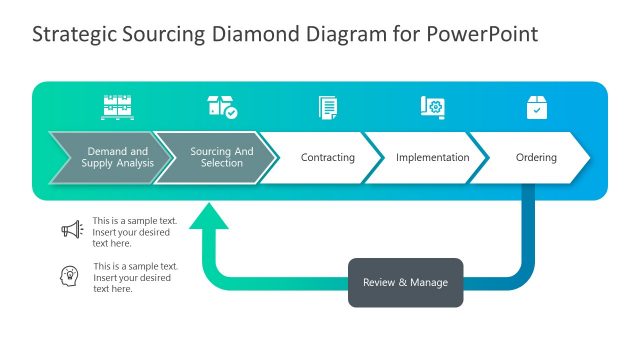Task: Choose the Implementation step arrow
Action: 431,158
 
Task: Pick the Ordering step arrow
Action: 536,158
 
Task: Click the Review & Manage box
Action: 405,283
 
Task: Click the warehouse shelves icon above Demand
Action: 118,107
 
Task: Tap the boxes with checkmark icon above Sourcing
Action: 222,107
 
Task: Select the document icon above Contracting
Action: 327,107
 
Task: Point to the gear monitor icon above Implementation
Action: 432,107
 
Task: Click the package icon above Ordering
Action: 537,108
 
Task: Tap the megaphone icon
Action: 71,230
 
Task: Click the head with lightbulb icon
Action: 71,275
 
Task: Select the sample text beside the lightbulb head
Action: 135,277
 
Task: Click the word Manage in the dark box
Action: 427,283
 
